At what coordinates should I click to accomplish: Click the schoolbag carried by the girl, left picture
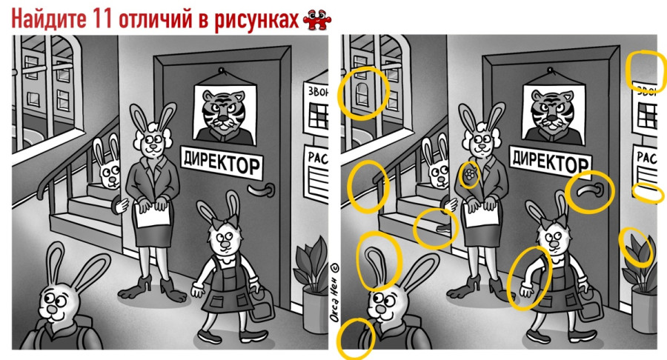coord(262,304)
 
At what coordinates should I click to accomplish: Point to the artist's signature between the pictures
coord(334,293)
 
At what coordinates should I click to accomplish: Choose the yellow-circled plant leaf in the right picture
coord(637,247)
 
